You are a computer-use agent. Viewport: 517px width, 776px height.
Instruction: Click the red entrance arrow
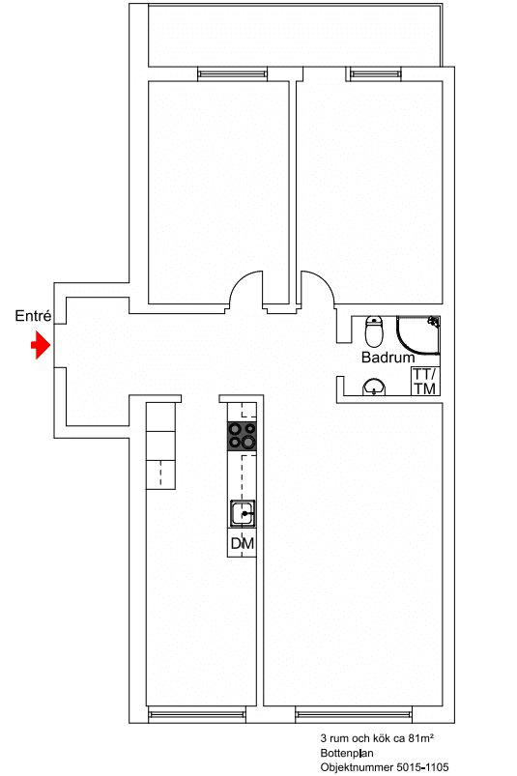click(41, 345)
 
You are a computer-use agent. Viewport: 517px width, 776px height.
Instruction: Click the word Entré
click(33, 316)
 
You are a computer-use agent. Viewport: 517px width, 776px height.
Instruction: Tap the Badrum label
click(388, 358)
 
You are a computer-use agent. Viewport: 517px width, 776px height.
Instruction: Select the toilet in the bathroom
click(374, 331)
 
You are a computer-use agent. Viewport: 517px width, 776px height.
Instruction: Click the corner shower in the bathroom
click(417, 335)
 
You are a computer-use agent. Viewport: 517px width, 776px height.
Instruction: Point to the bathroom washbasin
click(374, 387)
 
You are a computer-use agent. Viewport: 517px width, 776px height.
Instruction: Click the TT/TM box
click(425, 381)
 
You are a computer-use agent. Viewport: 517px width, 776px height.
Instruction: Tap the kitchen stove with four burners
click(242, 436)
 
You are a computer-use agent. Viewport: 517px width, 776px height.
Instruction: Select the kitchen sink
click(242, 514)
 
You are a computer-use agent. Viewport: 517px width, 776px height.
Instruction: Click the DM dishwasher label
click(242, 543)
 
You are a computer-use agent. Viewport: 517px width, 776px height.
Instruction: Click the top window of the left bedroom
click(233, 74)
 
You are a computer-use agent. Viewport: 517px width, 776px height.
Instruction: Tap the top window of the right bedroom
click(374, 74)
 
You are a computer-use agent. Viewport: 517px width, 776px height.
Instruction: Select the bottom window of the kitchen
click(197, 714)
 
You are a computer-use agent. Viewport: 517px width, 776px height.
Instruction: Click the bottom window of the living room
click(354, 714)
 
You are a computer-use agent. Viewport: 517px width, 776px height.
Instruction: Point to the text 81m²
click(421, 739)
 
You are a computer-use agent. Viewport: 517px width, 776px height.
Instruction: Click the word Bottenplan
click(347, 753)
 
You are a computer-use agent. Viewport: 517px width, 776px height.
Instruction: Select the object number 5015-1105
click(421, 767)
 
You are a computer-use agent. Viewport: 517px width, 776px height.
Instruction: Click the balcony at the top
click(295, 36)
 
